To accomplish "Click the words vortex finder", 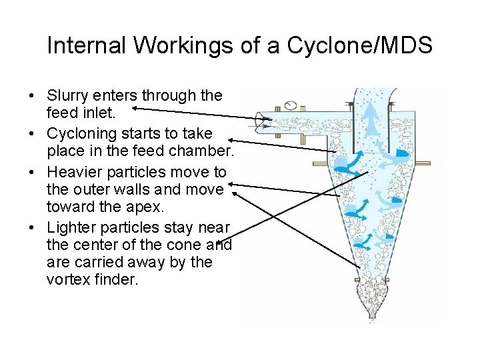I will tap(93, 279).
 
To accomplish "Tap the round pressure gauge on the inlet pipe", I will tap(291, 105).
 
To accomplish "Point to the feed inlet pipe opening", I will tap(267, 122).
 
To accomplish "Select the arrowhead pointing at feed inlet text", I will tap(135, 106).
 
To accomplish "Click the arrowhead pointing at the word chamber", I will tap(233, 140).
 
